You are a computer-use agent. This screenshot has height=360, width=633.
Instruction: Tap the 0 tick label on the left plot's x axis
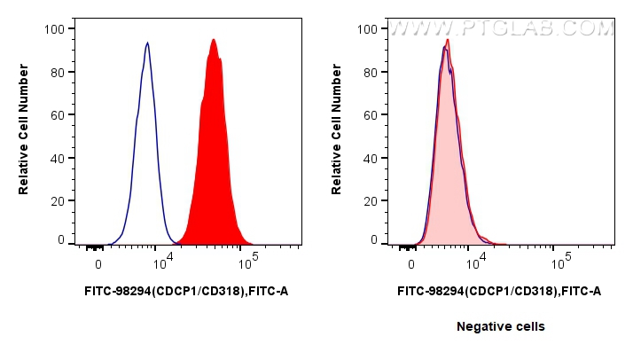[x=98, y=262]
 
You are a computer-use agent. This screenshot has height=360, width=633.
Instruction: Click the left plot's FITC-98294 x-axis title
[x=186, y=290]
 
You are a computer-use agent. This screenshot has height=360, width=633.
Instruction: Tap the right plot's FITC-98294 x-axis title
[x=499, y=290]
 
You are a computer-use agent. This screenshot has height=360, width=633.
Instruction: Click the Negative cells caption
[x=500, y=326]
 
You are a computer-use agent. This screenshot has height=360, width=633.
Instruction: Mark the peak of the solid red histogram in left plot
[x=214, y=40]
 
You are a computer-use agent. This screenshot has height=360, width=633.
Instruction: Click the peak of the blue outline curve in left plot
[x=147, y=43]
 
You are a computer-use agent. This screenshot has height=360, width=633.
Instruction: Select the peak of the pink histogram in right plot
[x=448, y=41]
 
